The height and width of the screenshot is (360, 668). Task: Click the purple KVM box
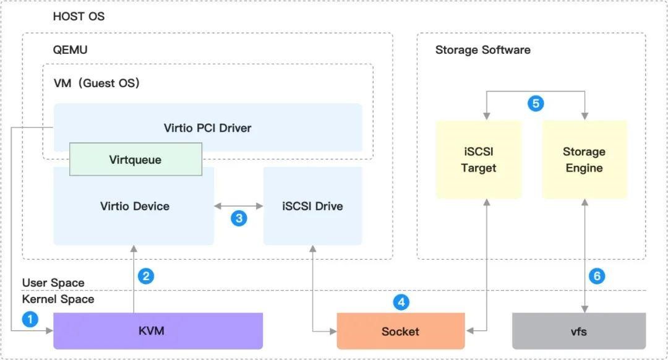158,331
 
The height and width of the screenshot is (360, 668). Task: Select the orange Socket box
400,331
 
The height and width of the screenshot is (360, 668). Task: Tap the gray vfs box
579,331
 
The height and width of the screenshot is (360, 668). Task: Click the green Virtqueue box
135,160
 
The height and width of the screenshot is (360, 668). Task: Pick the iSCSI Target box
478,160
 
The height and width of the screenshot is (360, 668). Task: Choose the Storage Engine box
584,160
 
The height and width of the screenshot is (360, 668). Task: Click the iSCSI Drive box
313,206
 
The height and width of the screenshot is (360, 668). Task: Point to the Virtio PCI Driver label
207,128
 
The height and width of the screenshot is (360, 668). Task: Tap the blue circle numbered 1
30,319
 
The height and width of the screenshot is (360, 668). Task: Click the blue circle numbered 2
146,276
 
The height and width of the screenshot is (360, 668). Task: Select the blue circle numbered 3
239,218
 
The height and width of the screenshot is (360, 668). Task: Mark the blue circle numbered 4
401,302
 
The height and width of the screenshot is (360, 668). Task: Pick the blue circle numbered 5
536,103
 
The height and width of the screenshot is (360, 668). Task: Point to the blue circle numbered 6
597,276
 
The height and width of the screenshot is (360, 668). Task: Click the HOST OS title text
79,16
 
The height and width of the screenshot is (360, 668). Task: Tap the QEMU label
71,50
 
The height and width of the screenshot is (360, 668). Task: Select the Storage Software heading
482,50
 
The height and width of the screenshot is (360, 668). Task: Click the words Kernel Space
58,299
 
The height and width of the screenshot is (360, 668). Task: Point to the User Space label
53,283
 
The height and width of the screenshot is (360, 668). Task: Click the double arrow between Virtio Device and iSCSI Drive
239,206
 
